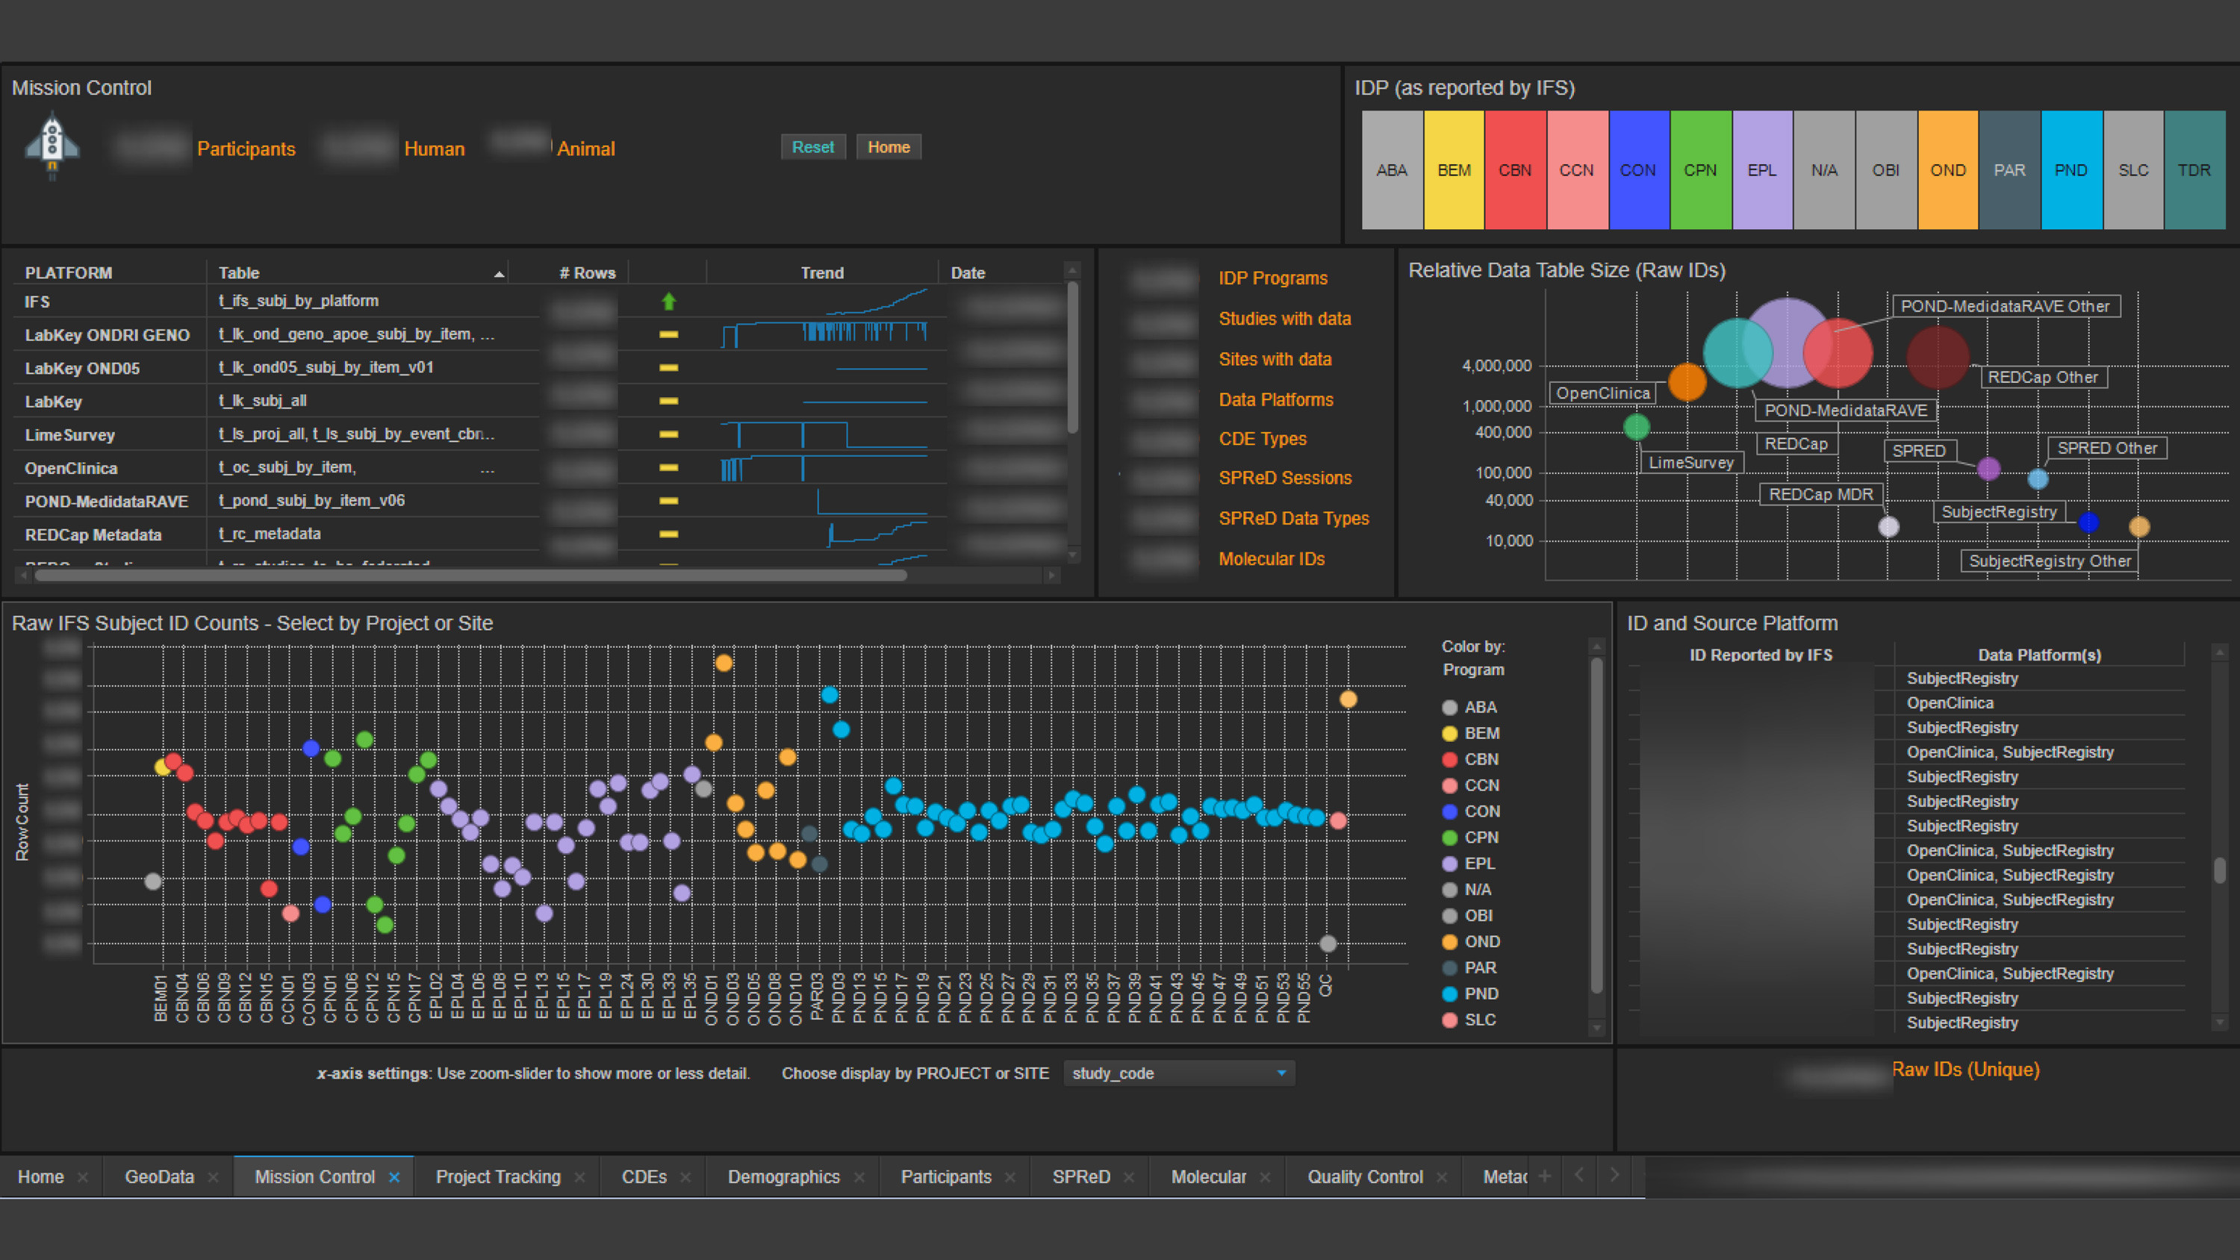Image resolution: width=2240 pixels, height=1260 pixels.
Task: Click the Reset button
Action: [812, 147]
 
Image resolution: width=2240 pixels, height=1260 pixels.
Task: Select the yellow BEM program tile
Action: [1454, 169]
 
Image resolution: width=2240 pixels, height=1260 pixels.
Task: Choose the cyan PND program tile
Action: [2071, 169]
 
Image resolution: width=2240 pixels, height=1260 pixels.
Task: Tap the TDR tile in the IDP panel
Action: [2194, 169]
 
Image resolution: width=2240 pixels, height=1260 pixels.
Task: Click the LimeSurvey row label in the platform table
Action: [69, 434]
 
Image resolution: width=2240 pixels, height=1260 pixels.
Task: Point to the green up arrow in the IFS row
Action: [669, 301]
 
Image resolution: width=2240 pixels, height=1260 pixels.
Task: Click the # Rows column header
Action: [587, 273]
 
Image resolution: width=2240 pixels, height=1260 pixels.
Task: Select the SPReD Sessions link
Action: [1284, 478]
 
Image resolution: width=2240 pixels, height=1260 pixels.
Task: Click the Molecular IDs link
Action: [1272, 559]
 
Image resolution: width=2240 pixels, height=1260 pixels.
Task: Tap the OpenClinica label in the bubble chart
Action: [1602, 393]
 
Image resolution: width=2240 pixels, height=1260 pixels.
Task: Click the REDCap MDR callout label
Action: [1821, 494]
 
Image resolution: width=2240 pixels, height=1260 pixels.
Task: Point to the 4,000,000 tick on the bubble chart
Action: [1496, 366]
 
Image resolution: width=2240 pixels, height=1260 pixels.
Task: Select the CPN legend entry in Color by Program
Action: [1480, 838]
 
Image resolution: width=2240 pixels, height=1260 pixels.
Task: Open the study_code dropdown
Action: [1178, 1073]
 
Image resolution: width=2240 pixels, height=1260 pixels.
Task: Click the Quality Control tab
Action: [1364, 1176]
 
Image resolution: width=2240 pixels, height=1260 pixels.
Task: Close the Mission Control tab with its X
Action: [394, 1176]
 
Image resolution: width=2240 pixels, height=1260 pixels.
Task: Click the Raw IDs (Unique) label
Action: [1965, 1070]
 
